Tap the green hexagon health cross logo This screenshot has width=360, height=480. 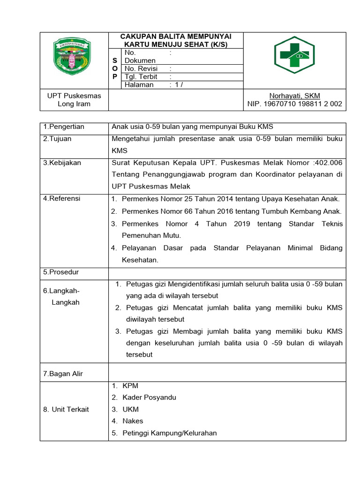294,55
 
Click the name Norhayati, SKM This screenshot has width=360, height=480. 294,96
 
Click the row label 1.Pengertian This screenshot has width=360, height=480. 64,127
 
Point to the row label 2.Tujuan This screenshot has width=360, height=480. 57,139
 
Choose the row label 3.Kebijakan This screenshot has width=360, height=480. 62,163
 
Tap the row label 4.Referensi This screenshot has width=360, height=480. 61,198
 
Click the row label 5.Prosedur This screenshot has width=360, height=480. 61,272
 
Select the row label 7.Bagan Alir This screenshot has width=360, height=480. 63,374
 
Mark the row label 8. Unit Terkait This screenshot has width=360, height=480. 66,409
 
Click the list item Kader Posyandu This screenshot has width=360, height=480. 149,397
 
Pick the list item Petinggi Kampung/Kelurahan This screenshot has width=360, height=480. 169,433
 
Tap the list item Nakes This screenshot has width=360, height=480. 133,421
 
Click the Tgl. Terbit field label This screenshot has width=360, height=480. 141,76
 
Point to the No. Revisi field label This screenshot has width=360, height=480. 141,68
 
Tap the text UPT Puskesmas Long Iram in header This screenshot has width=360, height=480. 74,100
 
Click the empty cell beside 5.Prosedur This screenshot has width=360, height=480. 227,272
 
